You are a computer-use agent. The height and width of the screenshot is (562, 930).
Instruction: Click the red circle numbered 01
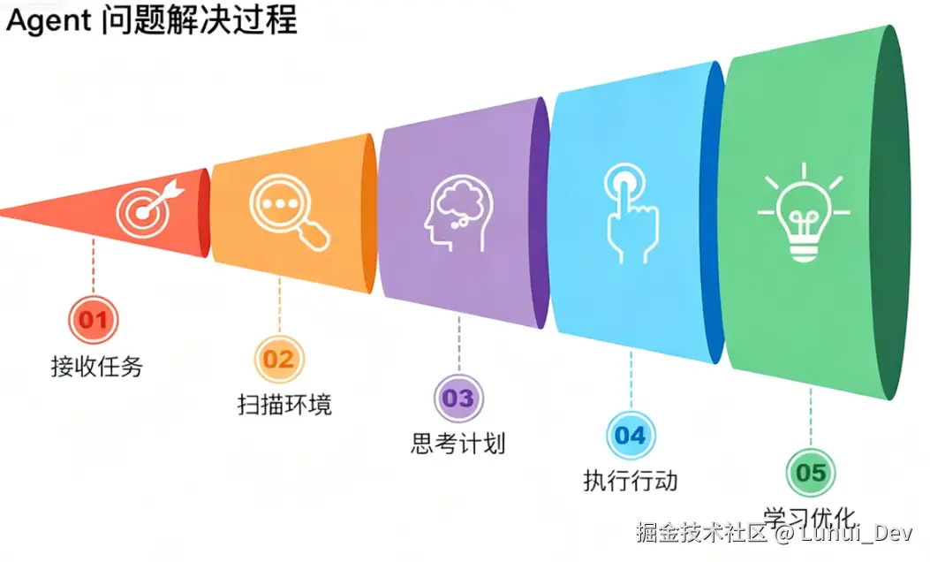point(93,318)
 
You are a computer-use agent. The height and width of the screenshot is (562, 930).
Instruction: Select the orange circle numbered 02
point(278,359)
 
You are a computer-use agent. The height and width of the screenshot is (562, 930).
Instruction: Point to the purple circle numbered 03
point(458,398)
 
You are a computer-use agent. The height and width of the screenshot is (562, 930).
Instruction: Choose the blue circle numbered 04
point(630,435)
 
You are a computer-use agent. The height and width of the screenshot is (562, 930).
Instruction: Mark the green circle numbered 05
point(810,473)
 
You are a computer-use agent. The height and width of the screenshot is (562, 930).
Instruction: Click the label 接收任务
point(96,366)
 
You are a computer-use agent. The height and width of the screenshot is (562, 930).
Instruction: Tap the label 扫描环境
point(284,405)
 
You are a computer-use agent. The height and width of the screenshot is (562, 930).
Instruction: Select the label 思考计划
point(458,443)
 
